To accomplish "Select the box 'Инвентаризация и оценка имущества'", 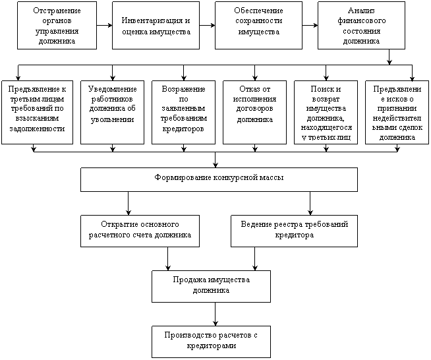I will (156, 25).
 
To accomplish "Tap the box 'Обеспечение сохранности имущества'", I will (258, 25).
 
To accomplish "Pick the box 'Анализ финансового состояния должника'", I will (361, 25).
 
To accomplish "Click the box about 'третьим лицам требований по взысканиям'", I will (38, 112).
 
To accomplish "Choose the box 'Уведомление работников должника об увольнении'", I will (112, 112).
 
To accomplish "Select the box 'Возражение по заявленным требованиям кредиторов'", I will (183, 112).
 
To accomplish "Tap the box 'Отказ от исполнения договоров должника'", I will (254, 112).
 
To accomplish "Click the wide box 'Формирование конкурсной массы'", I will (219, 179).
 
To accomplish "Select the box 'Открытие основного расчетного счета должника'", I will (140, 230).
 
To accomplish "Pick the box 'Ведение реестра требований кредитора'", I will (294, 230).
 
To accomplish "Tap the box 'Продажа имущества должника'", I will (211, 285).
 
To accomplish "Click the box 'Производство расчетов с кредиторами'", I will (211, 340).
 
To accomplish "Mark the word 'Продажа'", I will (187, 280).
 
